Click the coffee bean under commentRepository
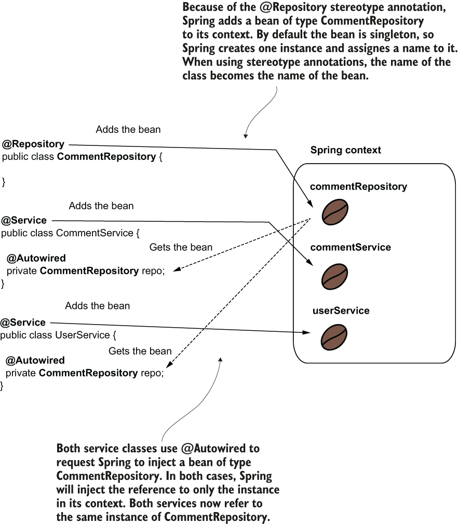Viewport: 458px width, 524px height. pos(335,212)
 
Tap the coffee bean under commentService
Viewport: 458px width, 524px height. pos(334,276)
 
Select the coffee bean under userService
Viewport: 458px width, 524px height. pos(334,337)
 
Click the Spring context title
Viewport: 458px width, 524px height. pos(345,150)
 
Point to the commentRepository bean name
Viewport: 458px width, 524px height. pos(358,186)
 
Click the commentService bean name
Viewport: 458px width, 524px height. pos(351,247)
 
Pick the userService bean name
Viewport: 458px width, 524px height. pos(341,311)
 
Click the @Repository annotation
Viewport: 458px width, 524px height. pos(33,144)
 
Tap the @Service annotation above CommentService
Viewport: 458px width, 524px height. pos(24,221)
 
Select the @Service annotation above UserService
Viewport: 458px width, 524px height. pos(23,323)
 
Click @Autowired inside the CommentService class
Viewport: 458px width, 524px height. pos(36,258)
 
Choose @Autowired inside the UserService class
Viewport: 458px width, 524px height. pos(35,360)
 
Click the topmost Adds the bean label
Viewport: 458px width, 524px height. pos(128,129)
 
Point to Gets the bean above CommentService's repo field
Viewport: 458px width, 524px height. pos(181,247)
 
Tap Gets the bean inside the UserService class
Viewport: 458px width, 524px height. pos(140,351)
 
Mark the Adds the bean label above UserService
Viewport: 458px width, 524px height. pos(97,306)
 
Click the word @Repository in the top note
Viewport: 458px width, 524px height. pos(293,7)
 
